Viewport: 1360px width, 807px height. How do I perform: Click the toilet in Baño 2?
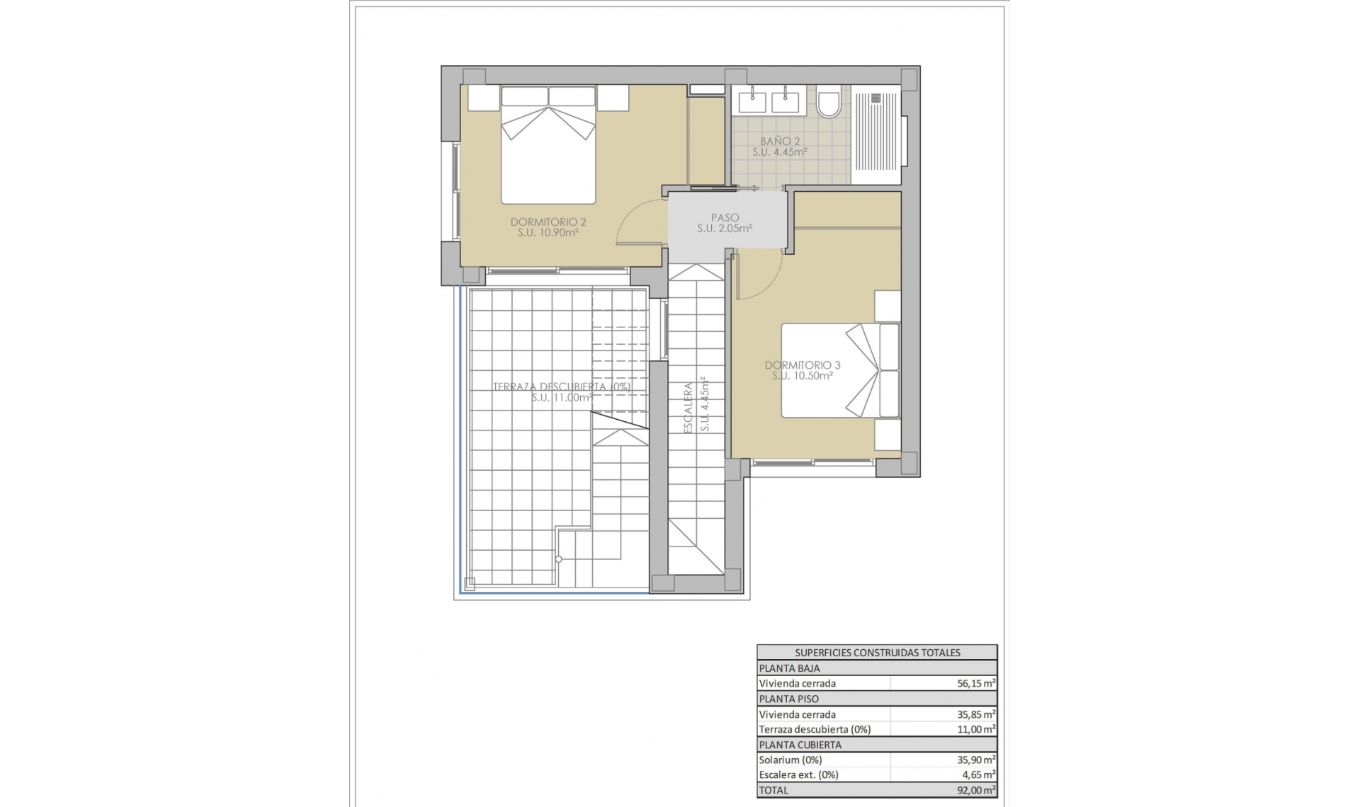(x=828, y=102)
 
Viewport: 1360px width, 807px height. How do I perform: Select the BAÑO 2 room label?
(x=780, y=141)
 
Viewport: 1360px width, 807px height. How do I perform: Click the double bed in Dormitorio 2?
(x=548, y=145)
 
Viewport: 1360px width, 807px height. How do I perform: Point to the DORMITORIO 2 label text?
(x=548, y=222)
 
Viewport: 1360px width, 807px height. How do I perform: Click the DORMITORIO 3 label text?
(x=803, y=365)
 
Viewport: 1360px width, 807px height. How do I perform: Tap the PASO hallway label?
(x=725, y=218)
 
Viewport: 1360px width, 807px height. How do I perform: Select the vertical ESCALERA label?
(x=688, y=408)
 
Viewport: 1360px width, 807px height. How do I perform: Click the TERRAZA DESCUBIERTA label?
(x=561, y=387)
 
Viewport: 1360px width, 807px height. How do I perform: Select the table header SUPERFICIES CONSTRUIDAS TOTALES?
(x=877, y=653)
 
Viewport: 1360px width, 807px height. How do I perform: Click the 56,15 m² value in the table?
(x=975, y=684)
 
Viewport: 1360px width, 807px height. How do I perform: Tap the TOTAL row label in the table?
(x=773, y=790)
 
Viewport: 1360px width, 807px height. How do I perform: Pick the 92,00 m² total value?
(x=975, y=790)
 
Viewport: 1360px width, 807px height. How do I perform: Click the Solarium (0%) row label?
(x=790, y=760)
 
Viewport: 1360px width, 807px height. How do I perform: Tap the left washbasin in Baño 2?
(x=752, y=102)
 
